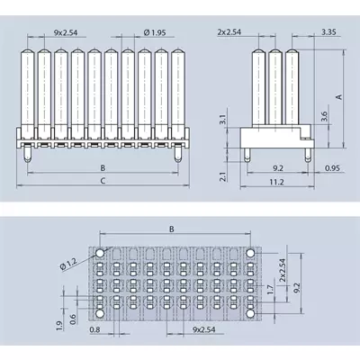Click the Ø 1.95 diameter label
coord(155,32)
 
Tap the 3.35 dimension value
coord(328,31)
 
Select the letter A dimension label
coord(339,97)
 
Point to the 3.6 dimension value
coord(324,116)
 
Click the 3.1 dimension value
coord(222,120)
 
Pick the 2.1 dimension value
coord(222,175)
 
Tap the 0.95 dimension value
coord(332,168)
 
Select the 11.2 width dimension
coord(276,182)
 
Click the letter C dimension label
coord(103,181)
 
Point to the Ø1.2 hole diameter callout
coord(68,265)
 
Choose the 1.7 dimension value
coord(271,289)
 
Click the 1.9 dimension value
coord(58,326)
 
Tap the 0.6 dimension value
coord(73,319)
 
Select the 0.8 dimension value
coord(94,329)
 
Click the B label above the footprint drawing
coord(172,229)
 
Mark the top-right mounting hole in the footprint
coord(250,254)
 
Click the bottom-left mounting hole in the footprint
coord(100,313)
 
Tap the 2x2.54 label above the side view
coord(229,32)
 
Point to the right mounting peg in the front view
coord(178,154)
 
